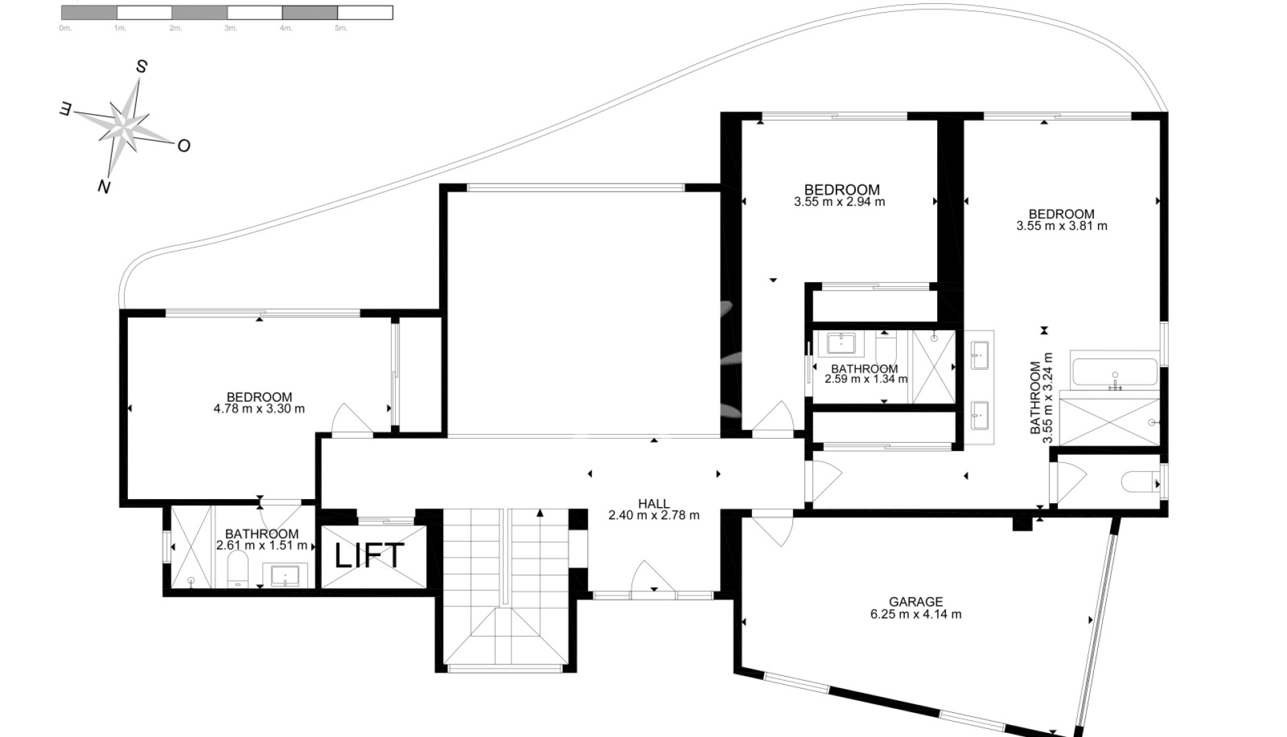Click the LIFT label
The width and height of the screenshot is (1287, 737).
369,555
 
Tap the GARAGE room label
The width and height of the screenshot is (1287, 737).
916,602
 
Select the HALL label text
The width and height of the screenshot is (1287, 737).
654,504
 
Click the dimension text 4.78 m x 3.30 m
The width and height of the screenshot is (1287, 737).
259,409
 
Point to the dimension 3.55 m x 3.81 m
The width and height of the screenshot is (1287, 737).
1062,226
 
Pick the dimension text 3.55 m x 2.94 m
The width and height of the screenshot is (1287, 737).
839,202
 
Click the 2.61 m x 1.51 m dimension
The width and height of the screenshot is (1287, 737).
261,545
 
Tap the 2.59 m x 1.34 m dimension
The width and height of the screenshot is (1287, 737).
866,379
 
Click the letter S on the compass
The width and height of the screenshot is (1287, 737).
141,66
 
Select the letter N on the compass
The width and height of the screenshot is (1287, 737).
103,187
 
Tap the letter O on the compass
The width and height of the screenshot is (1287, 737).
183,145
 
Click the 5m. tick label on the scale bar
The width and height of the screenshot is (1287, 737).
341,28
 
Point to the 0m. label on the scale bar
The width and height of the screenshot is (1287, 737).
65,28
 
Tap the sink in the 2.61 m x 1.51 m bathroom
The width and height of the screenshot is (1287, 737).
290,575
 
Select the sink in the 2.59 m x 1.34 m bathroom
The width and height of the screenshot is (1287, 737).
841,343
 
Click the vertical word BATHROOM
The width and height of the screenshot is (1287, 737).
1036,398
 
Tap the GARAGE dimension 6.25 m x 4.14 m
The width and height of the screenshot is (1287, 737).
916,614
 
